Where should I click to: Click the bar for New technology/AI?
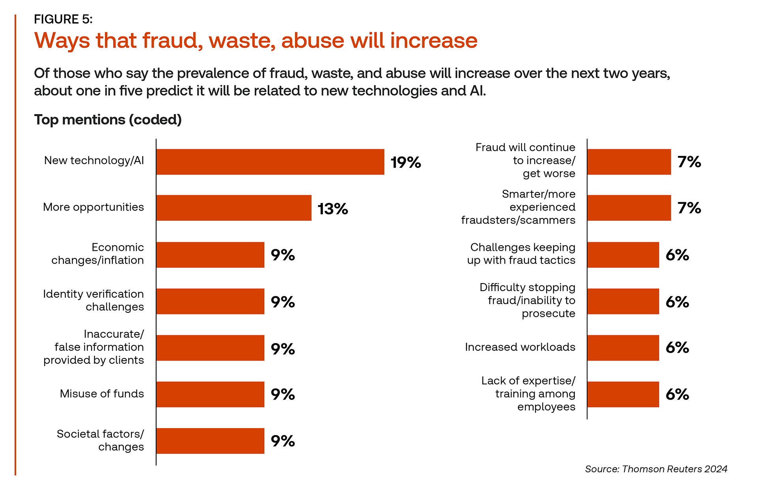point(270,162)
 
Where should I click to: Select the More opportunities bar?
point(234,208)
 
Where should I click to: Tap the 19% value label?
point(406,162)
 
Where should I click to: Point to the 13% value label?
point(333,209)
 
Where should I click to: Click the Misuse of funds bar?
point(210,394)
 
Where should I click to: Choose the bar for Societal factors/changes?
point(210,441)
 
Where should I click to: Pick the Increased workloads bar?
point(623,348)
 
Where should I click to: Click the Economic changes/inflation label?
point(98,254)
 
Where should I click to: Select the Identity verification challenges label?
point(93,300)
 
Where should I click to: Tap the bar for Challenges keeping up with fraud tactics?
point(623,255)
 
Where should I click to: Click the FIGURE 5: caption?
point(63,19)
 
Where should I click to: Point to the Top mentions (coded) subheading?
point(108,119)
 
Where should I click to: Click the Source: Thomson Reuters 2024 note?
point(656,469)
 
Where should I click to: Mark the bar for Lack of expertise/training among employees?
point(623,394)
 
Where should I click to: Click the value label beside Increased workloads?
point(677,348)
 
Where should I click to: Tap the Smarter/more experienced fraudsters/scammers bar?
point(629,208)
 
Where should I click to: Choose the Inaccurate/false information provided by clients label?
point(94,347)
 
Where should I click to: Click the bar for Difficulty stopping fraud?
point(623,301)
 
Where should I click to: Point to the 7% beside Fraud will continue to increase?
point(689,162)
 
